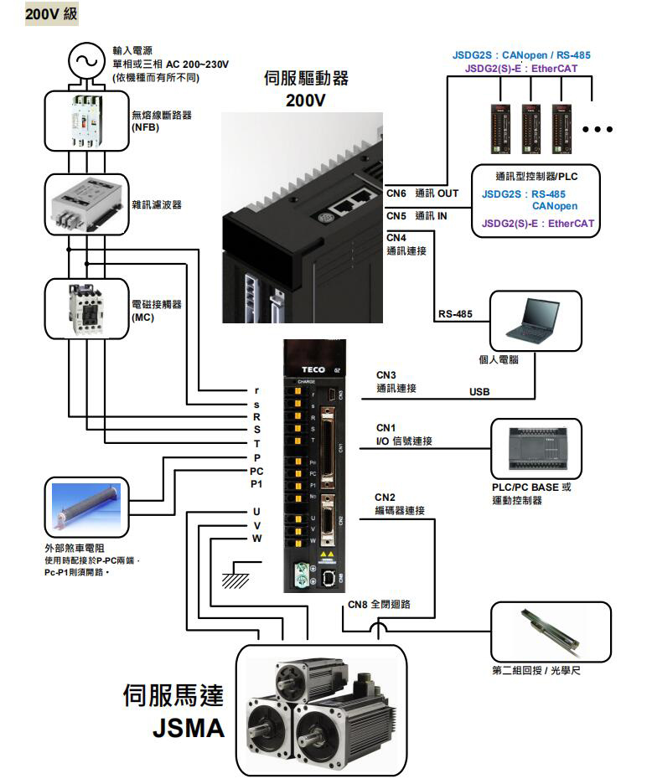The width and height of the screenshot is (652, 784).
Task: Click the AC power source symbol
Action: pyautogui.click(x=84, y=60)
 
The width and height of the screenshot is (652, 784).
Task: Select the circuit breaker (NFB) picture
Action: pyautogui.click(x=85, y=120)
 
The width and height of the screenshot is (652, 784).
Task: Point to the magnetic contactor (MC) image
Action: pyautogui.click(x=85, y=308)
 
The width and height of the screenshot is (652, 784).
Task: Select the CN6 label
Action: pyautogui.click(x=396, y=193)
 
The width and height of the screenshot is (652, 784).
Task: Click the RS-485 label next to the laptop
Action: pyautogui.click(x=455, y=315)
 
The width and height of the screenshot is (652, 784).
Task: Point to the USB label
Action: pyautogui.click(x=479, y=391)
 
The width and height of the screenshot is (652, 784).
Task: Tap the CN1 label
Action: pyautogui.click(x=386, y=428)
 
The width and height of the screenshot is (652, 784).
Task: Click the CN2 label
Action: pyautogui.click(x=386, y=497)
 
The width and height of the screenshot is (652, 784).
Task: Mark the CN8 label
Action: pyautogui.click(x=358, y=604)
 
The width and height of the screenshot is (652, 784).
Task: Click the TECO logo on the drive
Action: pyautogui.click(x=313, y=370)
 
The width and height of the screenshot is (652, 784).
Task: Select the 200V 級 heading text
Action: pyautogui.click(x=52, y=14)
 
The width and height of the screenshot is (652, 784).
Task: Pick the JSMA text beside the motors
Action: pyautogui.click(x=189, y=728)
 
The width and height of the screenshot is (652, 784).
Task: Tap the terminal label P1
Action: pyautogui.click(x=256, y=484)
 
